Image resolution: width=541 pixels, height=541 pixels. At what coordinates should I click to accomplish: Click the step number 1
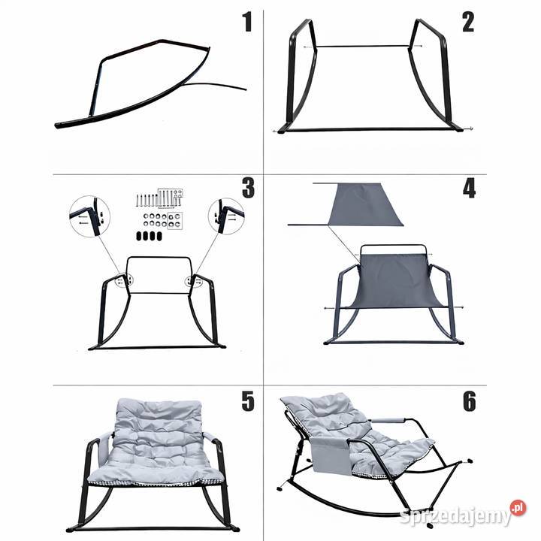coord(247,22)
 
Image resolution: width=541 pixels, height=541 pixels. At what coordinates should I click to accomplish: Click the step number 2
coord(468,22)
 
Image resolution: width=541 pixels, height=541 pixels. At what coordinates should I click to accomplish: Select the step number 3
coord(248,188)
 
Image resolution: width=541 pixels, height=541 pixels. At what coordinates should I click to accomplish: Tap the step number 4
coord(469,189)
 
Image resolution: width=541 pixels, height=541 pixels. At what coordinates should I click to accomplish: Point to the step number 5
coord(248,401)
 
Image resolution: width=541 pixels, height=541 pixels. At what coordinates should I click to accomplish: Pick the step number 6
coord(469,401)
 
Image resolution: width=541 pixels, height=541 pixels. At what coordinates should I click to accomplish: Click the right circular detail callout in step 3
coord(226,216)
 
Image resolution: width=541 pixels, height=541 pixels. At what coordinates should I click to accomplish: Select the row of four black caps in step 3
coord(149,236)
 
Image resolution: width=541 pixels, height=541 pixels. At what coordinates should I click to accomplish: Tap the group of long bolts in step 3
coord(159,198)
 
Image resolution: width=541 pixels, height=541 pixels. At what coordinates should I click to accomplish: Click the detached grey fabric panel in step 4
coord(365,204)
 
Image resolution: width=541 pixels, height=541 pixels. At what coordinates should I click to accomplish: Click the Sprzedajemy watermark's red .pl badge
coord(518,508)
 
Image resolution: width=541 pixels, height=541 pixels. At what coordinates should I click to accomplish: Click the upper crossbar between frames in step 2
coord(362,47)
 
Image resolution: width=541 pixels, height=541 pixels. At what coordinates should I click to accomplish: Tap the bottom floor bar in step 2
coord(373,130)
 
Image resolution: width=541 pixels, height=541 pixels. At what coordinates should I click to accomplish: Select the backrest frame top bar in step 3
coord(159,258)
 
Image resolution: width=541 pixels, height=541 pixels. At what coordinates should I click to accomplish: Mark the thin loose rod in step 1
coord(215,85)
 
